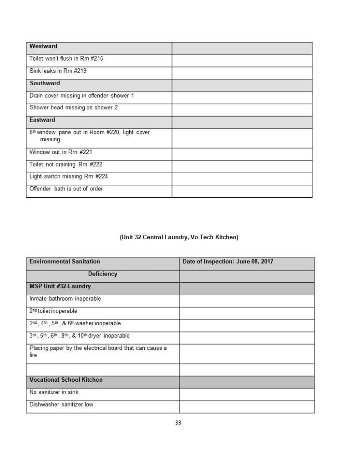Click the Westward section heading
pos(43,46)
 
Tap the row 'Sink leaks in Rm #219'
pos(58,71)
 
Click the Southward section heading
pos(45,83)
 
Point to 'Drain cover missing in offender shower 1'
pos(81,96)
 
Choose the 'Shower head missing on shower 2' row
pos(74,108)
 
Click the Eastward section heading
pos(42,120)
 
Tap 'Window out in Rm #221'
pos(61,152)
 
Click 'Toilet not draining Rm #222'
pos(66,164)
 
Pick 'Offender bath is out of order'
pos(66,189)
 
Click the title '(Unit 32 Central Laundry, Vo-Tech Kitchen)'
pos(179,237)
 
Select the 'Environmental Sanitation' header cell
pos(65,262)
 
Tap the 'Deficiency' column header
pos(102,274)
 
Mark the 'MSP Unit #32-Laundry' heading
pos(60,287)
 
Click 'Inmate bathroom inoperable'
pos(65,299)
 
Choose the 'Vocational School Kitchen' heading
pos(66,380)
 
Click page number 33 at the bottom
pos(178,423)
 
